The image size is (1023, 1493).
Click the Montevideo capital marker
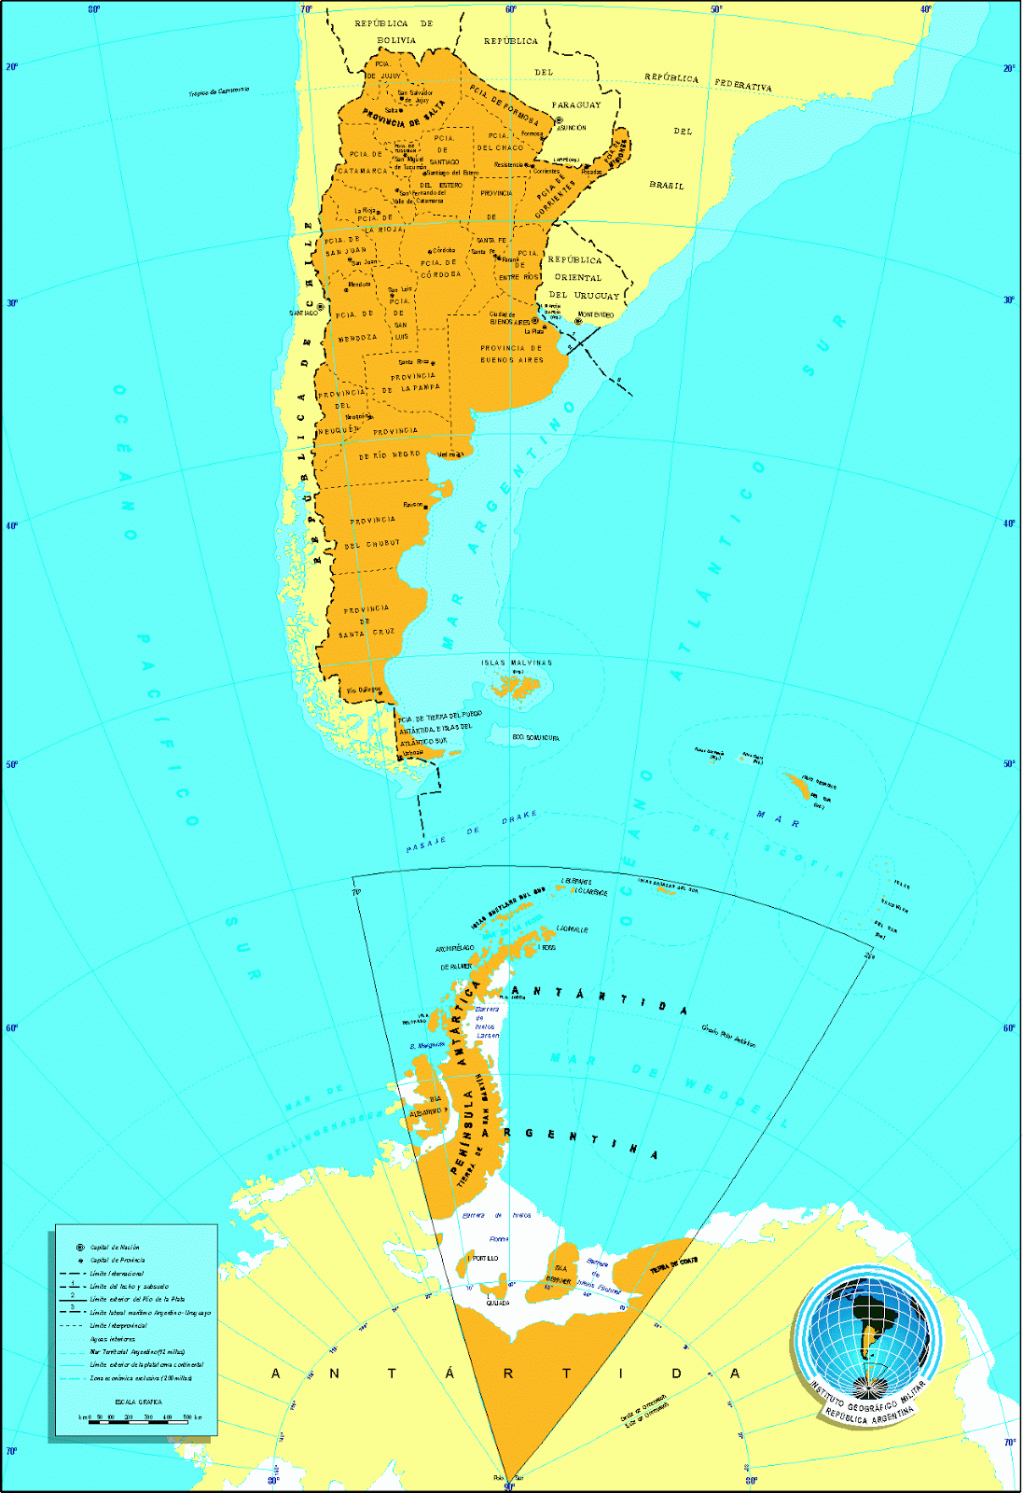578,321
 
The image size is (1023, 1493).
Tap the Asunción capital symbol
559,120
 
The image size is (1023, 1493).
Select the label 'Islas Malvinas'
517,663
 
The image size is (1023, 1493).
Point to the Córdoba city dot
430,251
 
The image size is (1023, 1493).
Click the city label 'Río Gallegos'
363,691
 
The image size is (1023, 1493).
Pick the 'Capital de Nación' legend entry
115,1247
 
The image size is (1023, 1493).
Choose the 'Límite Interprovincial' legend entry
118,1325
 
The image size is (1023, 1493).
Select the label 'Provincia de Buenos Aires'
511,354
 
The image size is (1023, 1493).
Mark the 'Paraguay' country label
575,105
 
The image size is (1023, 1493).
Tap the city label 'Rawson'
412,505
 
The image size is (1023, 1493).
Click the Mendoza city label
358,285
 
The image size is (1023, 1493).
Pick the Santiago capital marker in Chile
320,306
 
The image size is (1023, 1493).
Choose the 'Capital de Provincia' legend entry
117,1260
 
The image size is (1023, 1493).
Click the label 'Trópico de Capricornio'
218,91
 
